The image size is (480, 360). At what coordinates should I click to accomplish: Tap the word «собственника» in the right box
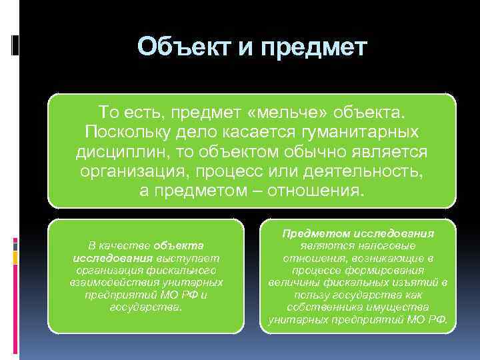tap(318, 307)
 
